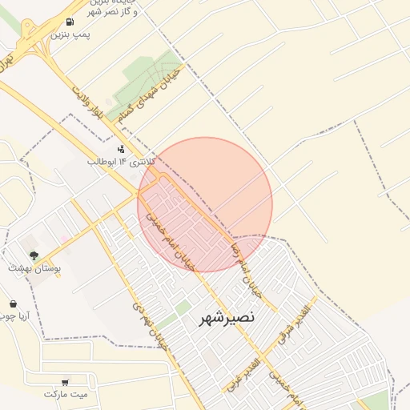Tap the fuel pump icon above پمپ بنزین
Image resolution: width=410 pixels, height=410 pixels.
71,22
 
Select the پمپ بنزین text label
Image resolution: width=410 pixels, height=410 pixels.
70,35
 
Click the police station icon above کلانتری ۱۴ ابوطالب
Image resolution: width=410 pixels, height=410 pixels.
121,149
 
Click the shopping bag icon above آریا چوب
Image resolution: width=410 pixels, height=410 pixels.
14,303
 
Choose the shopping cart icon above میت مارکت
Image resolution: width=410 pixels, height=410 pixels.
64,382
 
